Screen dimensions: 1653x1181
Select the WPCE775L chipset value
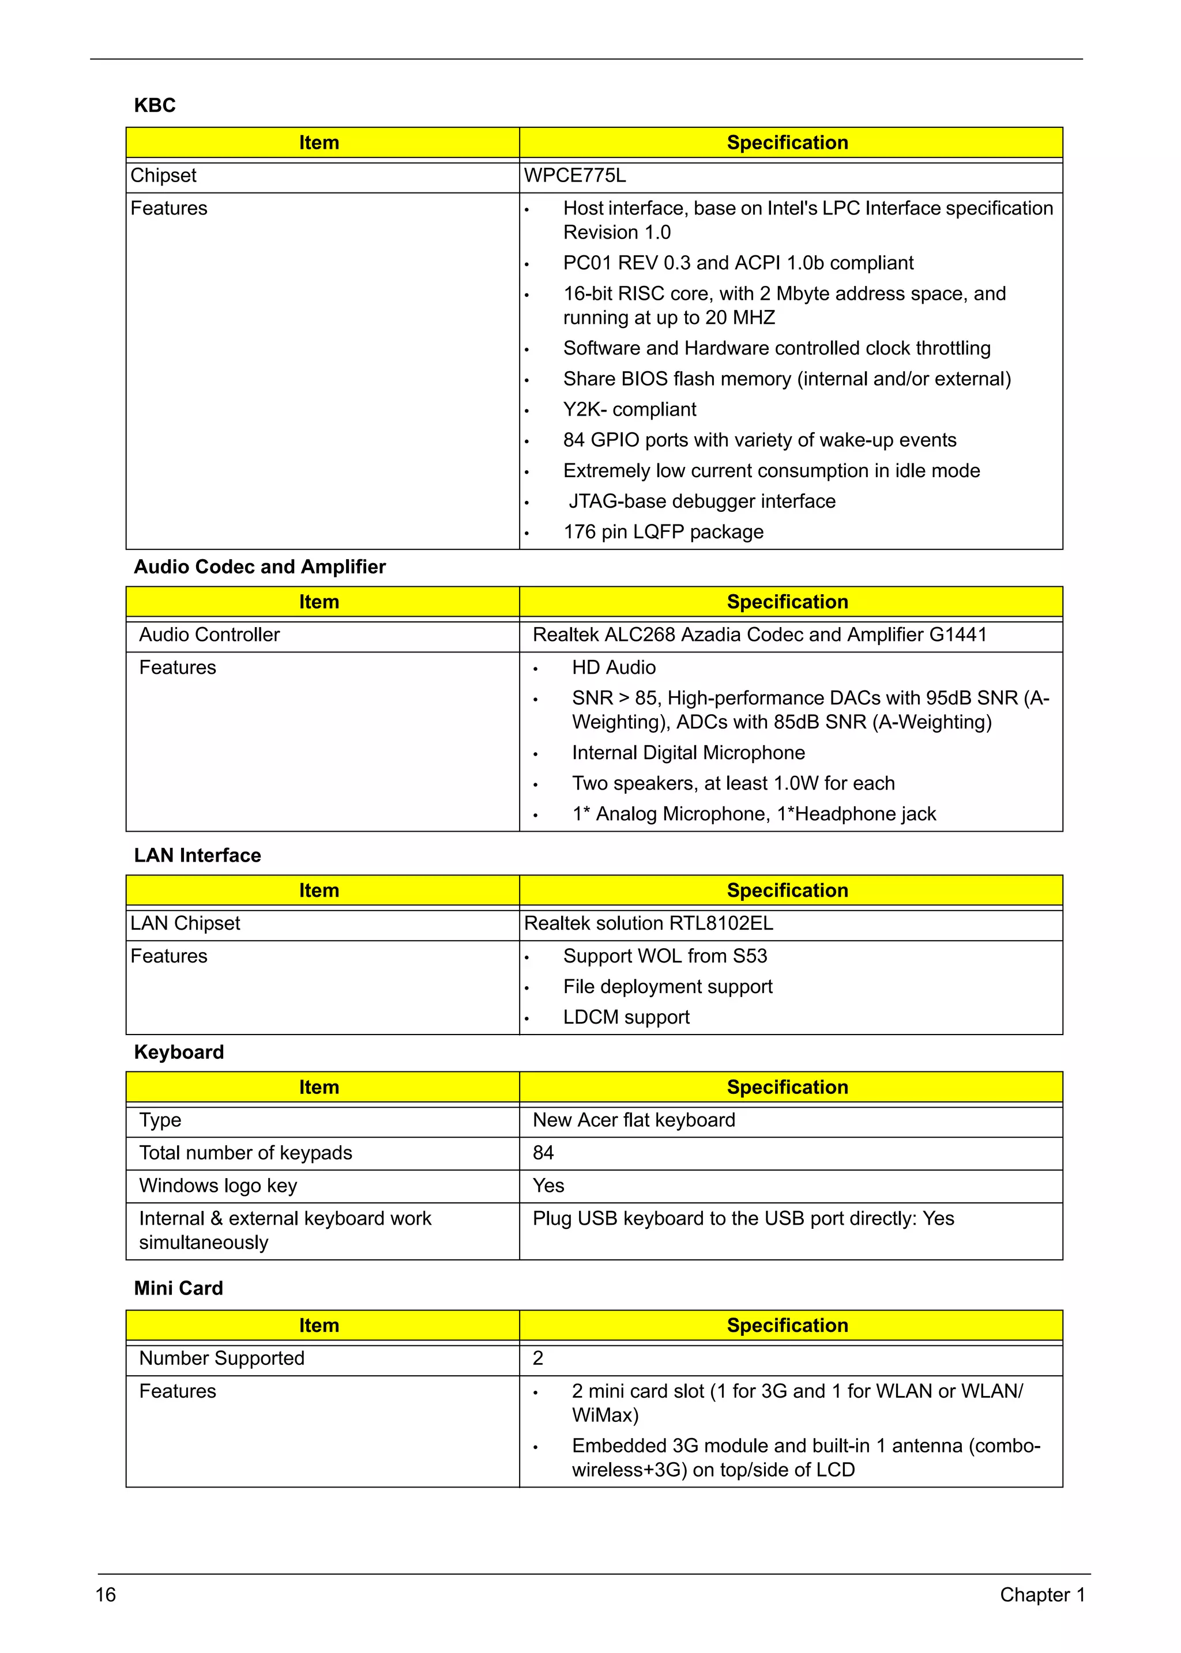point(574,176)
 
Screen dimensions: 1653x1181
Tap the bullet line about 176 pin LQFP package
point(663,532)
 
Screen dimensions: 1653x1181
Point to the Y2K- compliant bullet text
point(629,410)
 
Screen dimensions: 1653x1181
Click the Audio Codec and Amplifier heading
point(259,567)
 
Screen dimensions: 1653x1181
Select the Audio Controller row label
point(209,635)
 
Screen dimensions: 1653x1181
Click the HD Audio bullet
point(614,668)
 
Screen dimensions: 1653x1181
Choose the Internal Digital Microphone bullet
point(688,753)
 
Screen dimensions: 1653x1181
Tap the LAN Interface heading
point(197,855)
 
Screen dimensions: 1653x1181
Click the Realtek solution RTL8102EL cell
point(649,924)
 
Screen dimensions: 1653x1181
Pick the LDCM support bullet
point(626,1018)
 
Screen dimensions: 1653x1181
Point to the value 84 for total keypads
point(543,1153)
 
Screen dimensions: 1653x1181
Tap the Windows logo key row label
point(218,1186)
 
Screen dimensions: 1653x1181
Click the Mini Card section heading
point(178,1288)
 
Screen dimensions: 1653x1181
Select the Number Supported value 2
point(538,1358)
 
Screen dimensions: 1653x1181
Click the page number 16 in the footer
point(106,1595)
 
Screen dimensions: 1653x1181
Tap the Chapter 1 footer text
point(1042,1595)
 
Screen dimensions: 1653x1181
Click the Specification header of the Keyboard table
point(788,1088)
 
